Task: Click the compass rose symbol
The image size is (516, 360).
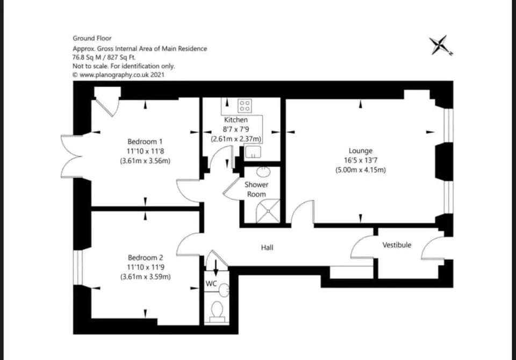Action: point(441,45)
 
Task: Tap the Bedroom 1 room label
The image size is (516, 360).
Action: point(145,141)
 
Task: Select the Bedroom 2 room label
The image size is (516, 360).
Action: point(145,257)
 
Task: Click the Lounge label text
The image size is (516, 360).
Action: point(360,151)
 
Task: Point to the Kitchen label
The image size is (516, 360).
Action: point(236,120)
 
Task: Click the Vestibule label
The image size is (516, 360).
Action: point(397,245)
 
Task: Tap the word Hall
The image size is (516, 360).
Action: point(267,248)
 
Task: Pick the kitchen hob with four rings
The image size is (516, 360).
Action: point(245,105)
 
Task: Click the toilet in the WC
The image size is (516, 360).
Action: point(218,311)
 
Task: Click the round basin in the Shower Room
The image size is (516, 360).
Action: point(263,172)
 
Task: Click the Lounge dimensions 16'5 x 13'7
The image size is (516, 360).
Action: point(360,161)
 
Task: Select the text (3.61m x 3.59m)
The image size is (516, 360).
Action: point(145,277)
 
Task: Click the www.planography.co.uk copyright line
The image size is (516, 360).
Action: point(118,75)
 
